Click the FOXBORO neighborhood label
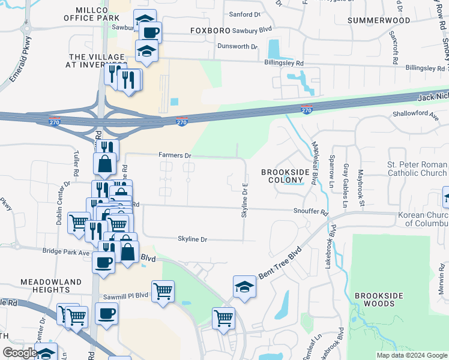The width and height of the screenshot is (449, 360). point(211,30)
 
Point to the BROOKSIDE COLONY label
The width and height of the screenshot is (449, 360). point(286,176)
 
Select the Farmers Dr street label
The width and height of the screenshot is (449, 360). point(175,155)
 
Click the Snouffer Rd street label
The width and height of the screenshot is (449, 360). point(312,212)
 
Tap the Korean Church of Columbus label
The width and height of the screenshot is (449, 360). point(423,219)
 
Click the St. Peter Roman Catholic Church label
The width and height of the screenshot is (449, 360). point(417,169)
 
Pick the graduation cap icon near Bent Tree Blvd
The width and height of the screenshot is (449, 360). point(245,287)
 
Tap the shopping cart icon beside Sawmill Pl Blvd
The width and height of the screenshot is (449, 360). point(163,292)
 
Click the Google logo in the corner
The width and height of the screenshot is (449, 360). point(20,353)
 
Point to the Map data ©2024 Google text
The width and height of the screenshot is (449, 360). point(411,355)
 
